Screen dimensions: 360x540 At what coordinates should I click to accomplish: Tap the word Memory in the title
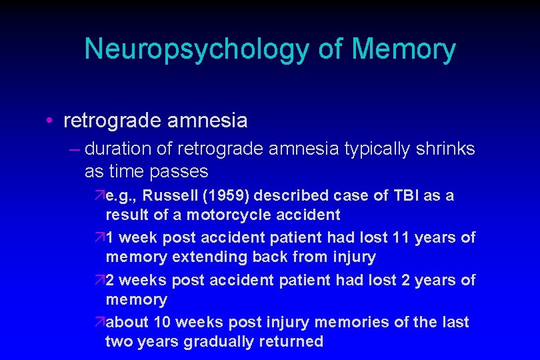403,49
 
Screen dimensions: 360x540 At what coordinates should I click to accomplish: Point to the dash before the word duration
73,149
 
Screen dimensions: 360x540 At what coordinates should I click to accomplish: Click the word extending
198,257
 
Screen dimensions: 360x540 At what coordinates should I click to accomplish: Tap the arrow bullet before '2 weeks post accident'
99,280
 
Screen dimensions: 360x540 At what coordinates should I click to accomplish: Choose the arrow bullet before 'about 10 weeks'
99,323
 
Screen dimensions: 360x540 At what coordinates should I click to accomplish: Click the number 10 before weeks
162,322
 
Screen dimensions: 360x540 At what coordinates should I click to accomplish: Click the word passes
178,171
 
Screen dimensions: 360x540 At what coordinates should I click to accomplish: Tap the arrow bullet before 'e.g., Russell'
99,196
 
